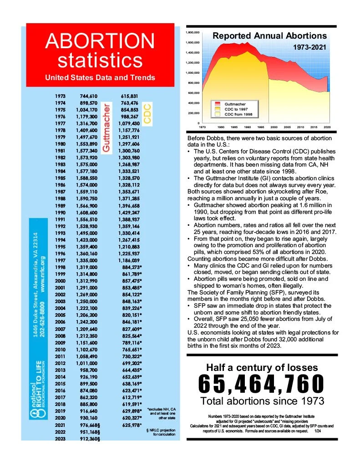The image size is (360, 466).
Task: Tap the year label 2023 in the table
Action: pyautogui.click(x=60, y=439)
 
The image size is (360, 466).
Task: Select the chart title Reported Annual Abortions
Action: pyautogui.click(x=269, y=36)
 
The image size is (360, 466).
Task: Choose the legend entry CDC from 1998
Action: pyautogui.click(x=238, y=114)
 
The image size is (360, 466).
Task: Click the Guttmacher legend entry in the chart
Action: pyautogui.click(x=235, y=104)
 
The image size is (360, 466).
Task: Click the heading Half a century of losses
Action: pyautogui.click(x=262, y=367)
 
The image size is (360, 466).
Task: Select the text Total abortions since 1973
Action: pyautogui.click(x=262, y=401)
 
